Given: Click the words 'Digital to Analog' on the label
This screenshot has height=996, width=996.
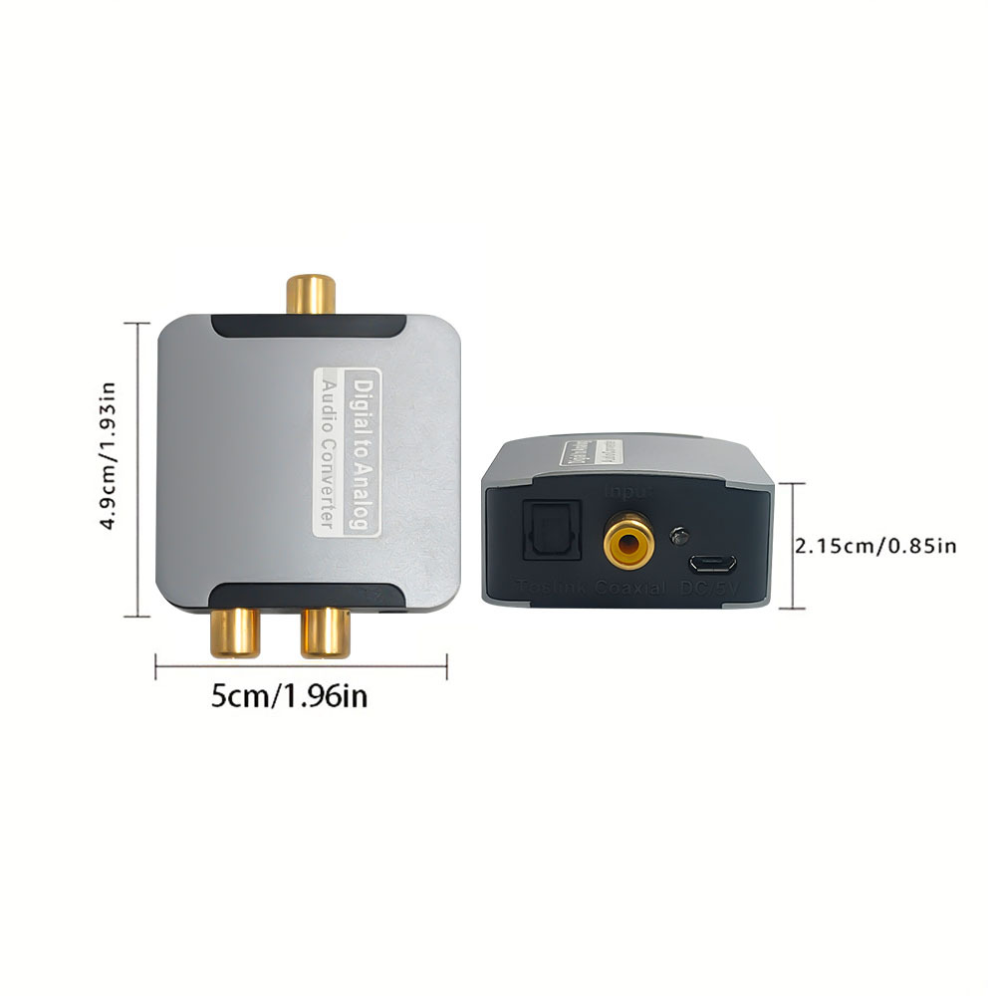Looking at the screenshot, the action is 365,454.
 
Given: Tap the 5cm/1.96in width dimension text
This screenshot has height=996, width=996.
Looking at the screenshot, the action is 289,695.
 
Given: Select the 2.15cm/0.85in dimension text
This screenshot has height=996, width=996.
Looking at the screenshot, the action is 875,545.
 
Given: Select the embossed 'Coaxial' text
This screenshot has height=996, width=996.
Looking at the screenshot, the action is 629,590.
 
